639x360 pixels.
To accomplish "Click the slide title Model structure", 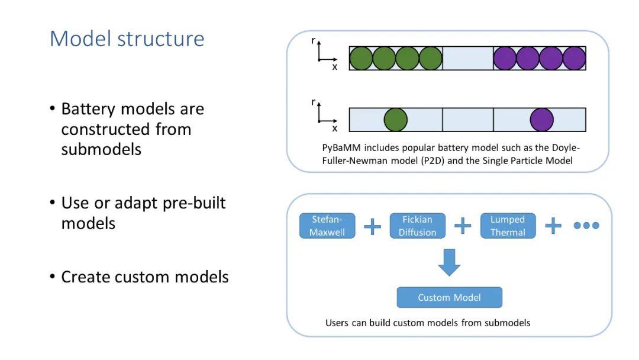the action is tap(127, 39).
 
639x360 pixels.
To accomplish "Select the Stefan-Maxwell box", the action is tap(327, 226).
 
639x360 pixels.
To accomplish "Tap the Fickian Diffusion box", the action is tap(417, 226).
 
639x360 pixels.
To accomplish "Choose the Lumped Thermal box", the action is tap(508, 226).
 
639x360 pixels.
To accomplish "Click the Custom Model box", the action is tap(450, 297).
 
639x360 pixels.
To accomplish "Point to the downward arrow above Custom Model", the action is tap(450, 262).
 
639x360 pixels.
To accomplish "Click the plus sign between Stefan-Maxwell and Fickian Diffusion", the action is tap(373, 226).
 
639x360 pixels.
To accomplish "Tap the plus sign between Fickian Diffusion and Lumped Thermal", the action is tap(463, 226).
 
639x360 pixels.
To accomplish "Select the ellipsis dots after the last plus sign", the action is tap(586, 226).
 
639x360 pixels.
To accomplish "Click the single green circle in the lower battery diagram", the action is tap(396, 120).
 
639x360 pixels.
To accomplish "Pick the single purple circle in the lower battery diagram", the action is tap(541, 120).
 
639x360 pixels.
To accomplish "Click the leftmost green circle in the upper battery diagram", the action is tap(361, 58).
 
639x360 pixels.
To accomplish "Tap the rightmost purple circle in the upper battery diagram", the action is tap(574, 58).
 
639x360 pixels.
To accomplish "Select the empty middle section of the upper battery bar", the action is tap(468, 58).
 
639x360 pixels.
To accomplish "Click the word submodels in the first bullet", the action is tap(101, 149).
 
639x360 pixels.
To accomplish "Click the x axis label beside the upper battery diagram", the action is tap(334, 67).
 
